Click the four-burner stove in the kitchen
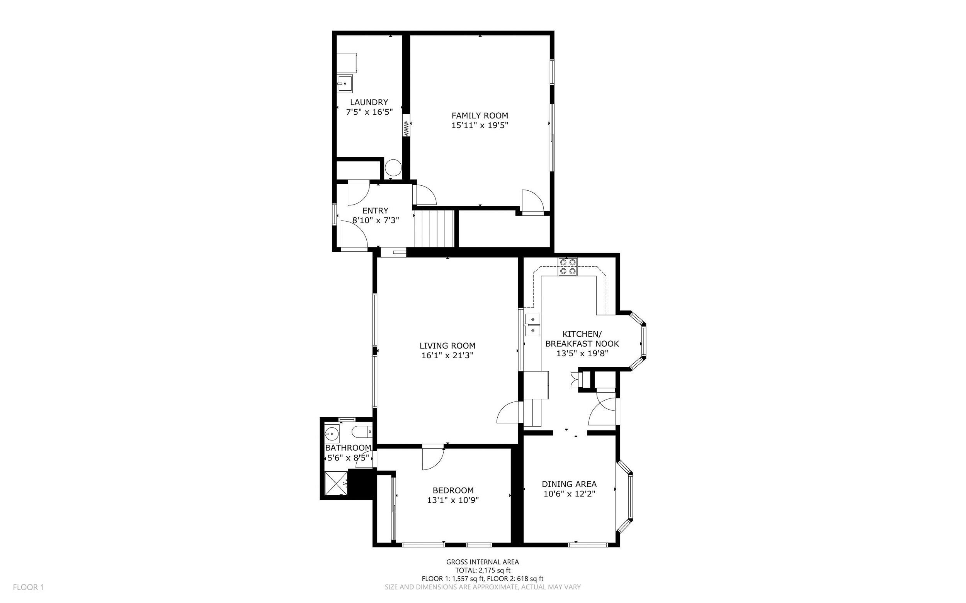coord(568,267)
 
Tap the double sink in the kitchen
coord(532,325)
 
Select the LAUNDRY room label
coord(369,102)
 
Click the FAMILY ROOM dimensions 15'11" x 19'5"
coord(480,125)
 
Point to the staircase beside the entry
coord(435,229)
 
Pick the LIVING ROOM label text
coord(447,346)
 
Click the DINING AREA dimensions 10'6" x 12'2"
coord(569,494)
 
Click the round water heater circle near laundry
coord(393,168)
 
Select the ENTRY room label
coord(375,210)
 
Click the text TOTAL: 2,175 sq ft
coord(483,570)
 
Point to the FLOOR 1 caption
coord(28,587)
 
